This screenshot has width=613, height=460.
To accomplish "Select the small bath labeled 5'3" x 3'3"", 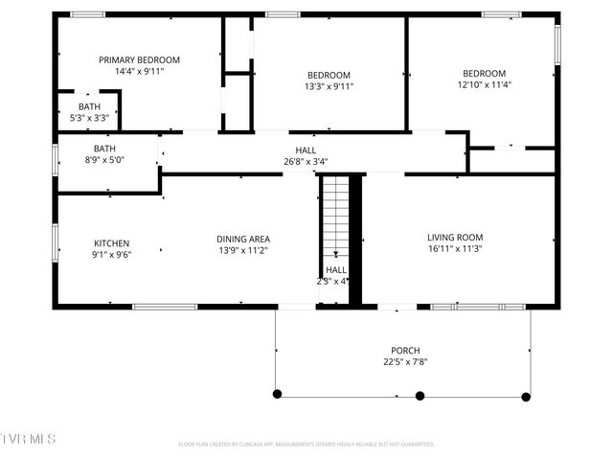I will point(89,111).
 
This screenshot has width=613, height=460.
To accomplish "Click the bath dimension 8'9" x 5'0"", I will point(105,160).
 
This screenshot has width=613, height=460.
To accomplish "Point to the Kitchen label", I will point(111,242).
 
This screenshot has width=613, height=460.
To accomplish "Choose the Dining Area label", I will point(243,239).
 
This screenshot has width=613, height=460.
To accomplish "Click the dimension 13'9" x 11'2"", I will point(243,251).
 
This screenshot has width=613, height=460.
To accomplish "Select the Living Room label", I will point(455,238).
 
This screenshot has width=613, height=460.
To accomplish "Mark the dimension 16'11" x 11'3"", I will point(455,249).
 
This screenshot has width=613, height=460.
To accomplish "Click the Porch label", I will point(405,351).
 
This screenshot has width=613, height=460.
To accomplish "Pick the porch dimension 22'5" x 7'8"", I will point(405,362).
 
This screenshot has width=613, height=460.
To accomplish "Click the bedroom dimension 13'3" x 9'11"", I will point(329,86).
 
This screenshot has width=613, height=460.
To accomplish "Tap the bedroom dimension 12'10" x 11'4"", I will point(484,85).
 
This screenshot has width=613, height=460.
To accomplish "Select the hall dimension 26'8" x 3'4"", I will point(306,162).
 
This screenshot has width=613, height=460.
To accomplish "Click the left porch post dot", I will point(278,394).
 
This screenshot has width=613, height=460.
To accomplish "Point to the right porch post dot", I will point(526,396).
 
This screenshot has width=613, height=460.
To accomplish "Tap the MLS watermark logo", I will point(29,438).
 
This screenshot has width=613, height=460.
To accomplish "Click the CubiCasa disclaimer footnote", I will point(306,445).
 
